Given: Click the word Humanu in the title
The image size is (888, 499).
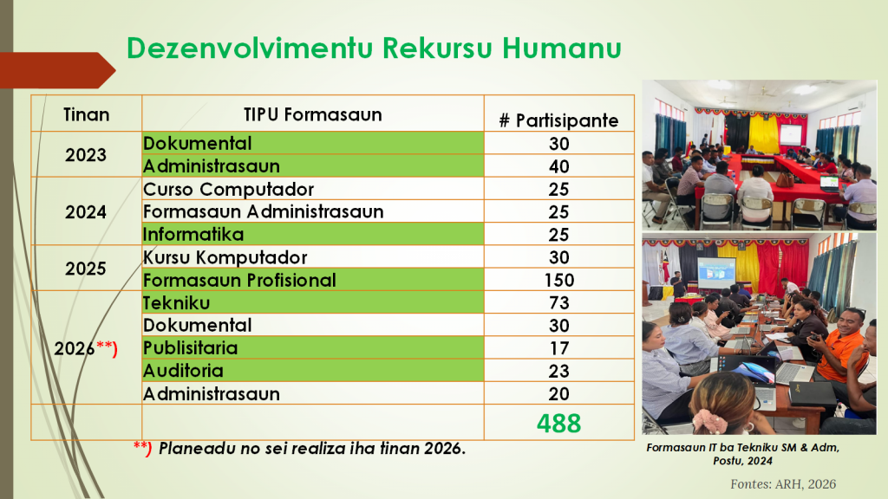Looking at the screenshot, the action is [x=561, y=48].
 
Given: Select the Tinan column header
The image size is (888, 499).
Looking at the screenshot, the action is [x=86, y=115].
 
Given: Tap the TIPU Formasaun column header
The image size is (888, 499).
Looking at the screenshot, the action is [x=312, y=114].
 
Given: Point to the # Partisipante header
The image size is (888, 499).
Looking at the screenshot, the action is [x=558, y=120].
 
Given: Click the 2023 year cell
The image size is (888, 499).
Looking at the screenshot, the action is [x=86, y=155].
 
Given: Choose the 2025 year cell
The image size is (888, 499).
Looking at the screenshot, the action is [x=86, y=269].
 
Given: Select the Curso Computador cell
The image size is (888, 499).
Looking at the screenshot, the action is [x=228, y=189].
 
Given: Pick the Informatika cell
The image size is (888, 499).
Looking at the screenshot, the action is [x=193, y=234].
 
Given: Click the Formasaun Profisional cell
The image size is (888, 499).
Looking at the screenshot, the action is [x=239, y=280].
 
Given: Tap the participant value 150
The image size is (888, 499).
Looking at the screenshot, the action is [x=559, y=280].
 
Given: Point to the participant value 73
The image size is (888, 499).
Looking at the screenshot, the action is [x=559, y=302].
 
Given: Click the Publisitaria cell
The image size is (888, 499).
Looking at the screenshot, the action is [x=190, y=348].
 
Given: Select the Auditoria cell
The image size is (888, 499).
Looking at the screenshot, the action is [x=183, y=371].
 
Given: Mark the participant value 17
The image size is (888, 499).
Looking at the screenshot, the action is [x=559, y=348].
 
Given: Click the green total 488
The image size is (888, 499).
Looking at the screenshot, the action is [x=559, y=423].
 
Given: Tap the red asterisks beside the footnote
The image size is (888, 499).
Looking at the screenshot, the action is [x=142, y=448].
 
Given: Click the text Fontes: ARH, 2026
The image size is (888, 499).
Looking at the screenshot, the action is [x=783, y=484].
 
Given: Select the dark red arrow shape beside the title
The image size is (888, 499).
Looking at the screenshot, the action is [x=57, y=70].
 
